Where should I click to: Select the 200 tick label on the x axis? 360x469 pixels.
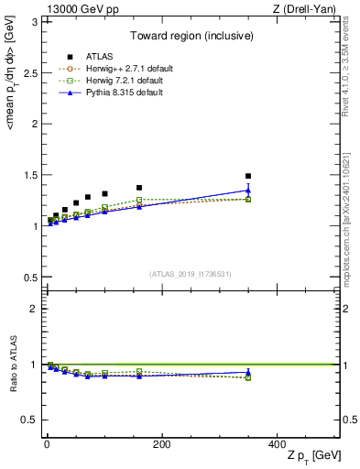point(161,444)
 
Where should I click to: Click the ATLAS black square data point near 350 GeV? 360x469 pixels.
point(248,176)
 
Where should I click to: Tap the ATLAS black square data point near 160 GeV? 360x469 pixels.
point(139,188)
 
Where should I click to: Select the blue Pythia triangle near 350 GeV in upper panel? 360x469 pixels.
point(248,191)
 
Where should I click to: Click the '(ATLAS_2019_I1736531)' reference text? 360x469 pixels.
point(191,274)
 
